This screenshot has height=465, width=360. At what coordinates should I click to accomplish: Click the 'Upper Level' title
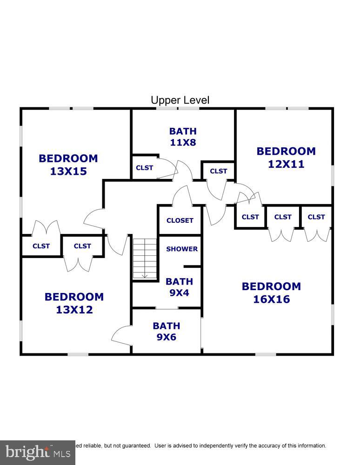tap(180, 100)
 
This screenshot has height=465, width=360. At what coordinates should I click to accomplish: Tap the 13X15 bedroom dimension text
tap(68, 171)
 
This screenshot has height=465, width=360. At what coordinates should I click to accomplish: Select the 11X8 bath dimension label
tap(183, 142)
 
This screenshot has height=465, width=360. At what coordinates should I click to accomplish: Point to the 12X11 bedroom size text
tap(286, 164)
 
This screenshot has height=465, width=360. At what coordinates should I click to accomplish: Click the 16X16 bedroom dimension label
tap(271, 299)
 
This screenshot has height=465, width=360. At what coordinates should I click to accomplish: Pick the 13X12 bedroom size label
tap(74, 309)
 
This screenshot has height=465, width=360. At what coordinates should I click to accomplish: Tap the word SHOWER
tap(182, 249)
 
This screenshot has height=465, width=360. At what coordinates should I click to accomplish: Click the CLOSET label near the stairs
tap(180, 220)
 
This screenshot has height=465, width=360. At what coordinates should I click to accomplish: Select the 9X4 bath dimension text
tap(179, 293)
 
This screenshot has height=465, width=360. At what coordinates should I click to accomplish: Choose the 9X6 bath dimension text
tap(166, 337)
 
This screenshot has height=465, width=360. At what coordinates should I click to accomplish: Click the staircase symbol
tap(144, 259)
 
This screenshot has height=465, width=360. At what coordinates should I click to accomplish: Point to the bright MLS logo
tap(37, 452)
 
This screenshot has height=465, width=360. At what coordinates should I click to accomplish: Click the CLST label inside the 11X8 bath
tap(145, 167)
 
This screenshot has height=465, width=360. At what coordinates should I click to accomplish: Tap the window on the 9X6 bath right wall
tap(202, 331)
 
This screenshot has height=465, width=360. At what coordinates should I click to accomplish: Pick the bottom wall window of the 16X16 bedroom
tap(265, 354)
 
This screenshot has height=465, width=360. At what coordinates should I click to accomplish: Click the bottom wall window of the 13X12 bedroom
tap(78, 354)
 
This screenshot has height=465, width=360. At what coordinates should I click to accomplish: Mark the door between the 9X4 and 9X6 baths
tap(167, 308)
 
